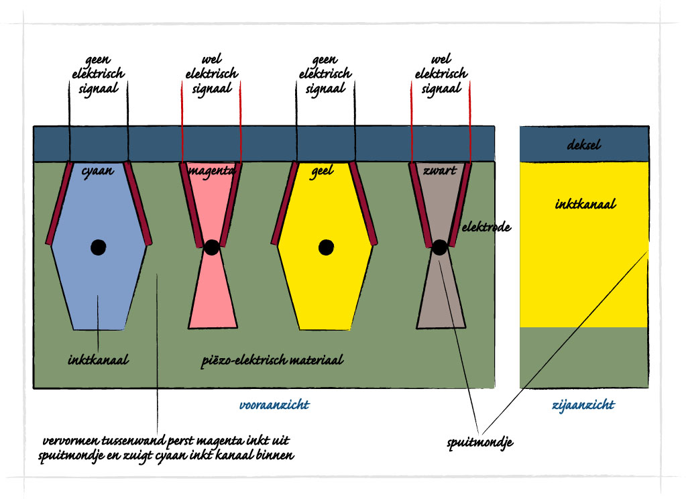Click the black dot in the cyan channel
pos(99,247)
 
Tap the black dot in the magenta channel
pos(211,247)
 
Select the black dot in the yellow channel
pos(326,247)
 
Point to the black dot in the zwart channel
pos(439,247)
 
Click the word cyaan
pos(97,171)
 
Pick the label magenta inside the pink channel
pos(212,171)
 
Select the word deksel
pos(584,145)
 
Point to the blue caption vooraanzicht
pos(274,405)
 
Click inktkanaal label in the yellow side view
pos(585,203)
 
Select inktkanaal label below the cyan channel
pos(98,360)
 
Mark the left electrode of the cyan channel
pos(59,203)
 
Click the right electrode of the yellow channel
pos(363,203)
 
